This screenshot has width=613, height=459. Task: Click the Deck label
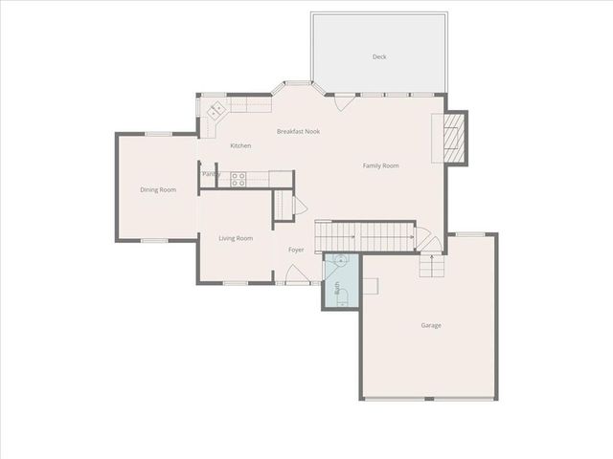(x=379, y=57)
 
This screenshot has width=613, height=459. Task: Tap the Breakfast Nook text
(x=298, y=131)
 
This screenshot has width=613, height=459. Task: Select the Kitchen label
(x=240, y=145)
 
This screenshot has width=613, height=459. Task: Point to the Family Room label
(x=380, y=165)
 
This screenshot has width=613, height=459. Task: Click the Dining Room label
(x=158, y=189)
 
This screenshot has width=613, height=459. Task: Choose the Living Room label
(x=236, y=238)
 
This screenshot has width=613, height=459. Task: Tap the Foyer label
(x=296, y=251)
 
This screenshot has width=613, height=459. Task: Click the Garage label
(x=431, y=325)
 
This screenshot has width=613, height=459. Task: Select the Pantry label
(x=211, y=174)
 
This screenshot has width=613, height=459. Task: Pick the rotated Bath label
(x=336, y=288)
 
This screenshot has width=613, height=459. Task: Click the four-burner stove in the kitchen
(x=238, y=178)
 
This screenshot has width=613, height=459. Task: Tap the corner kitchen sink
(x=215, y=110)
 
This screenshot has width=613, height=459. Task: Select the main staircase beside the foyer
(x=364, y=232)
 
